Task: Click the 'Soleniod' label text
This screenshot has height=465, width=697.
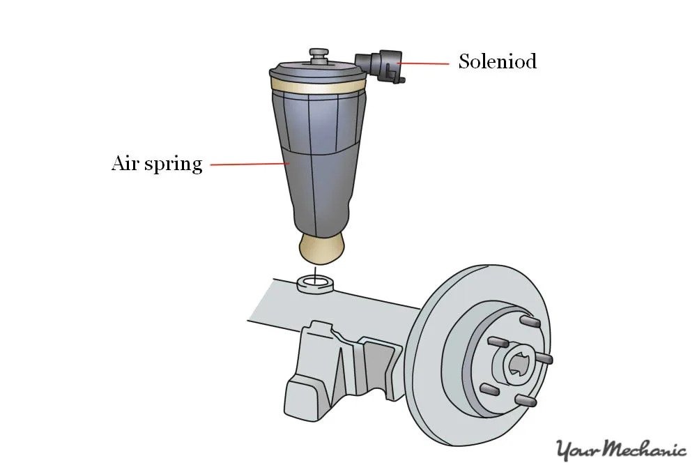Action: tap(497, 61)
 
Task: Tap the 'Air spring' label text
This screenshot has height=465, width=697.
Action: tap(157, 164)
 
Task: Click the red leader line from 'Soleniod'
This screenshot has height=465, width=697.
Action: tap(426, 63)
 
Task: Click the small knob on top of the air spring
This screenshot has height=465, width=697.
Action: tap(319, 54)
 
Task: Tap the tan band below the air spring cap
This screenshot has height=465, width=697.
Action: tap(317, 89)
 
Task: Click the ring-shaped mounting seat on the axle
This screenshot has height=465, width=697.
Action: tap(314, 283)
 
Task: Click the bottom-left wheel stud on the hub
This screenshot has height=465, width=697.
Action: tap(490, 387)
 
